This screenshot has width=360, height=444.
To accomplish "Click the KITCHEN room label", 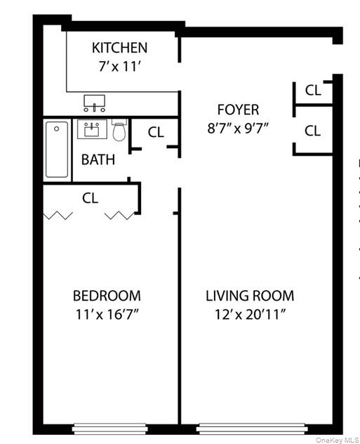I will point(120,48).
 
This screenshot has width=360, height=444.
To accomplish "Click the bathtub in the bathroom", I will point(58,150).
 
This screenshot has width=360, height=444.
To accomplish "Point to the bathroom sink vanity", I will point(92,129).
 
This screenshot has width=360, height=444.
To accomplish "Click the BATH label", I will point(98,159).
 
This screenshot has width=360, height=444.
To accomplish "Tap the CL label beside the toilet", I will point(156,132).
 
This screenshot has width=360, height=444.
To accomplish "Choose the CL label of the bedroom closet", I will point(90,198).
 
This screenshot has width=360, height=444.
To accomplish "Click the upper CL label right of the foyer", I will point(313,90).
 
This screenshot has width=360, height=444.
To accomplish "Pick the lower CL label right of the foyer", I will point(313,131).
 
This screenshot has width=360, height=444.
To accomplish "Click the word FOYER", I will point(238,110).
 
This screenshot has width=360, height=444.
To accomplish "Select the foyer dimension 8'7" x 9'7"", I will point(238,129).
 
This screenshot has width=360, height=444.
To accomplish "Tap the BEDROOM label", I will point(107,296).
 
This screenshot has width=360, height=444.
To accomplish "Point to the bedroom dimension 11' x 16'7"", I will point(107,314).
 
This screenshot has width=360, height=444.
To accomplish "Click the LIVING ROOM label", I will point(250,296).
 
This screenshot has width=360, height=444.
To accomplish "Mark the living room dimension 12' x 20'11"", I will point(250,314).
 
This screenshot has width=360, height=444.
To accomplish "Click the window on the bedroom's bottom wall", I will point(109,426).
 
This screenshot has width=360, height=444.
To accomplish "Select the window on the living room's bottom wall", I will point(252,426).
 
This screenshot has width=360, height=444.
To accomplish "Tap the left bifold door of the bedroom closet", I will point(58,215).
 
